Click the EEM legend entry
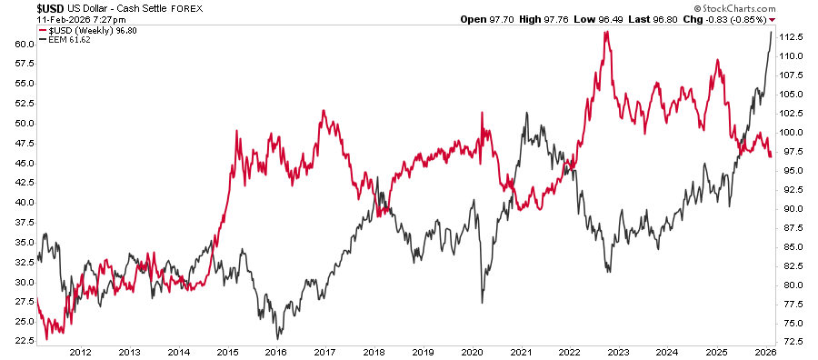click(52, 37)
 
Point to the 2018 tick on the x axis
click(374, 351)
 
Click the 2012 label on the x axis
click(80, 351)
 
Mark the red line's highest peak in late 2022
click(604, 32)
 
